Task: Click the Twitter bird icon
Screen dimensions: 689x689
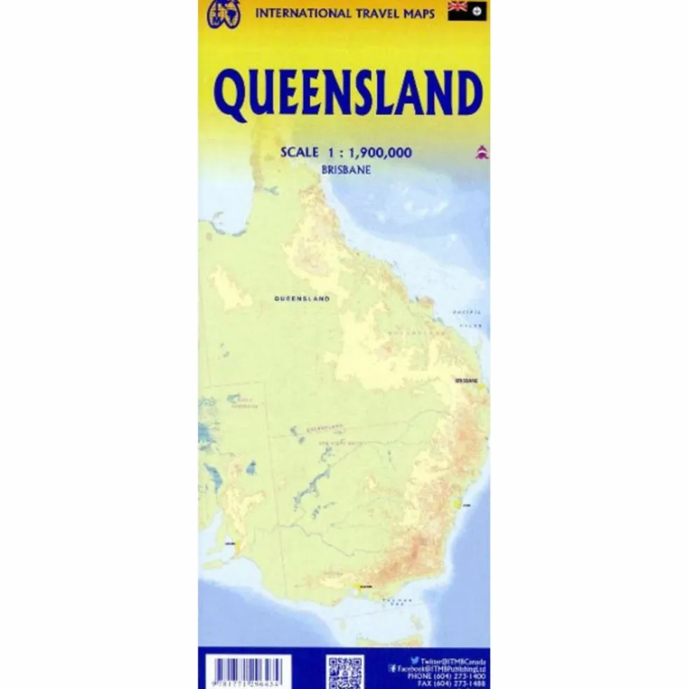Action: tap(415, 660)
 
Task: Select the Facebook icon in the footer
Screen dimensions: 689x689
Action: tap(393, 669)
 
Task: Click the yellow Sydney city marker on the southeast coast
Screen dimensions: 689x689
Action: tap(459, 502)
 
